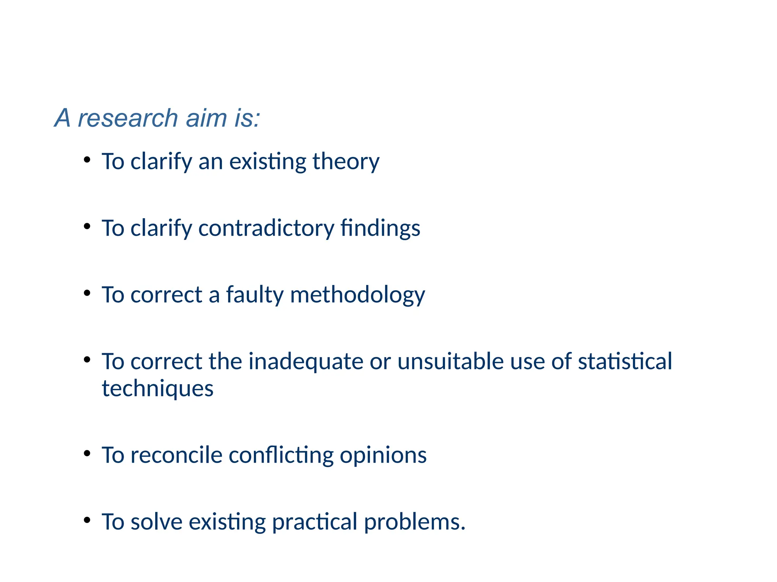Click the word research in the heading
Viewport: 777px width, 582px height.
coord(128,118)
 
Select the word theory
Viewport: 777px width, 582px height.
coord(346,162)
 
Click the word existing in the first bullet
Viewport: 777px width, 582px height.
coord(267,162)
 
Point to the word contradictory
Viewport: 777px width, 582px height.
coord(266,228)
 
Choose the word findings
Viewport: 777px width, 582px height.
coord(380,228)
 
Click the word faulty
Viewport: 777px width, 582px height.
coord(255,295)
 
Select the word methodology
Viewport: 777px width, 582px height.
coord(357,295)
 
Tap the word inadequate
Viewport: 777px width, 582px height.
coord(306,361)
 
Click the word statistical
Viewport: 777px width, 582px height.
coord(625,361)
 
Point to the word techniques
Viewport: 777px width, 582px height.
coord(158,389)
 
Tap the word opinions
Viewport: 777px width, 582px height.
coord(383,455)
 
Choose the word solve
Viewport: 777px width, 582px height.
coord(157,522)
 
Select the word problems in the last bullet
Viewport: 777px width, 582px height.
coord(414,522)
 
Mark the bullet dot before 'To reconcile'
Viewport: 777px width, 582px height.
coord(87,453)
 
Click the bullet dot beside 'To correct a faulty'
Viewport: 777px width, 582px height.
coord(87,293)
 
